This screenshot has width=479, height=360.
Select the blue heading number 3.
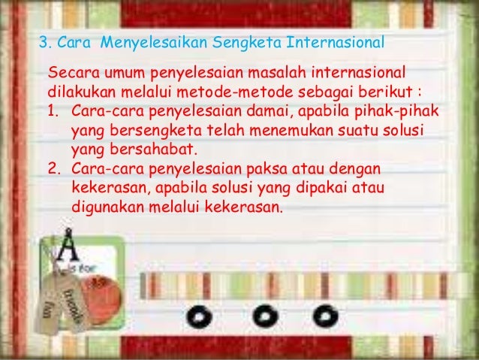(43, 40)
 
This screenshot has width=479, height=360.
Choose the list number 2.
(53, 165)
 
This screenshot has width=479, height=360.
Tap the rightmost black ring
(324, 315)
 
